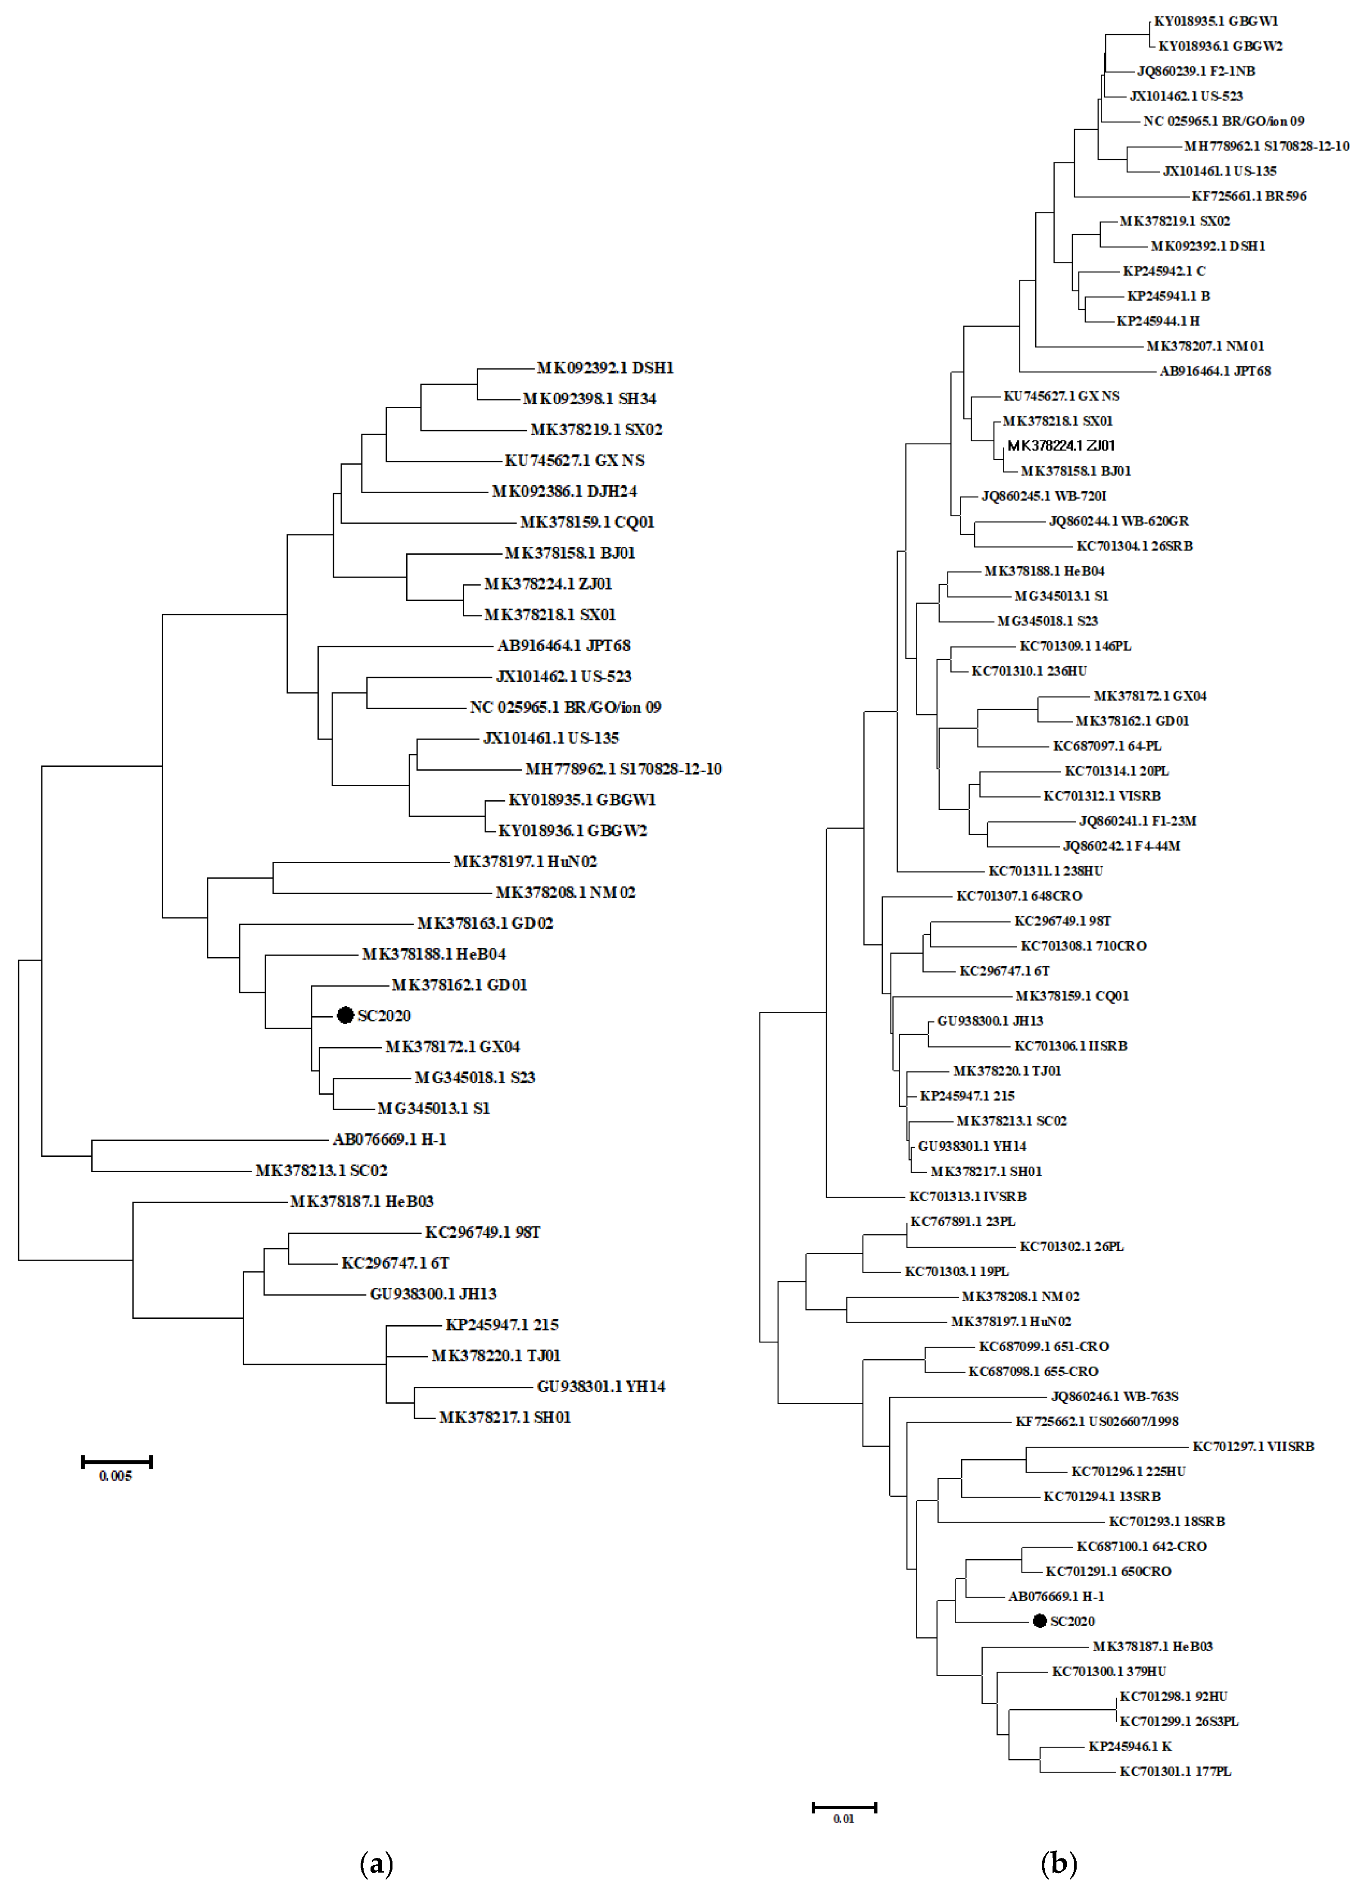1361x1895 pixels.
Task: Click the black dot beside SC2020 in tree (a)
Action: coord(345,1015)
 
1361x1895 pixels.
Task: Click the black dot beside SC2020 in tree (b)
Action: coord(1039,1621)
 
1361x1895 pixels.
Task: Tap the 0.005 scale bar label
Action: coord(115,1477)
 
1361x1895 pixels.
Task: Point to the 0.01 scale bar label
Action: coord(844,1819)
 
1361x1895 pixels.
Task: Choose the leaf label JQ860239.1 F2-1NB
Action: coord(1196,71)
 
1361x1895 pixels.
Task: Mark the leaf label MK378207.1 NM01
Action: coord(1205,346)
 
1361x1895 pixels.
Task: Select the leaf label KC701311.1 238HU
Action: coord(1045,871)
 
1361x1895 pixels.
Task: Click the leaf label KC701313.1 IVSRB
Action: coord(968,1196)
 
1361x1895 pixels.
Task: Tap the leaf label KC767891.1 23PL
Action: coord(962,1221)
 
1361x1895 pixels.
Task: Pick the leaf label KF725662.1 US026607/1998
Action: coord(1097,1421)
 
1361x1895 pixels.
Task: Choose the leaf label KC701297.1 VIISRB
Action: coord(1253,1446)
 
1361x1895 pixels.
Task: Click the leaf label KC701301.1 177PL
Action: coord(1175,1771)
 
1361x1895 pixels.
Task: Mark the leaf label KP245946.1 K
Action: coord(1130,1746)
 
